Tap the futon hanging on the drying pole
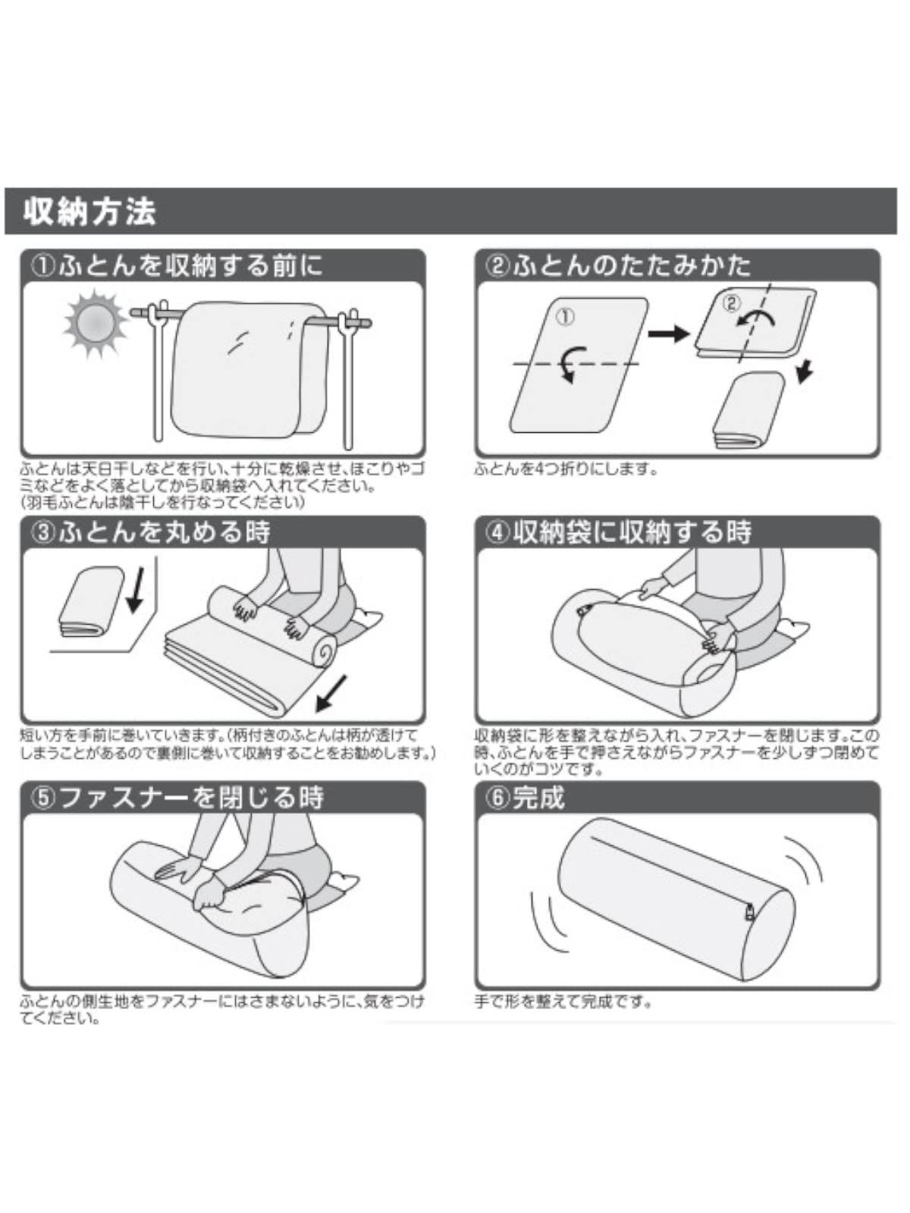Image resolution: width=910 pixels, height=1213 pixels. pos(247,368)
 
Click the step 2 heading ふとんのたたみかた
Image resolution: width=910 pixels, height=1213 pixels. pos(618,265)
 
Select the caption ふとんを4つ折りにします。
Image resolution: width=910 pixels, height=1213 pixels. pos(565,470)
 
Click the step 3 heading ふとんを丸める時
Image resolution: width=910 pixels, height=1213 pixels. pos(151,531)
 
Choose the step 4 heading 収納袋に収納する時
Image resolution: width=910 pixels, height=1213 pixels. pos(618,531)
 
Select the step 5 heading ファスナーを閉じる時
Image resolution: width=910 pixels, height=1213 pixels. pos(177,797)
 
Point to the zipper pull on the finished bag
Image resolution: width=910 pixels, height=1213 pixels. pos(750,912)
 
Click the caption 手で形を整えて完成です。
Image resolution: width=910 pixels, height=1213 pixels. pos(563,1001)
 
